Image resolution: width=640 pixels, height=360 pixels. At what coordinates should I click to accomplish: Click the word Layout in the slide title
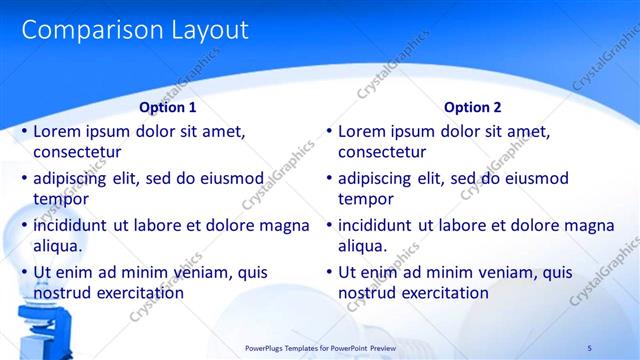click(x=206, y=30)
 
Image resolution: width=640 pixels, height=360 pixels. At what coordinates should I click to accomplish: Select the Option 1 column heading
click(x=168, y=107)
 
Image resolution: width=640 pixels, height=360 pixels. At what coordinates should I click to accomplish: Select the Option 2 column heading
click(x=473, y=107)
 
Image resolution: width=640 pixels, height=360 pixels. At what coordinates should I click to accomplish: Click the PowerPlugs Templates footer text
click(x=320, y=347)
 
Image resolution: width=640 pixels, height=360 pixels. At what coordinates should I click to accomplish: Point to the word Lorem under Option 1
click(x=57, y=131)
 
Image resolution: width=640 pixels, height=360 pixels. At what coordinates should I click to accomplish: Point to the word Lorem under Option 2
click(x=362, y=131)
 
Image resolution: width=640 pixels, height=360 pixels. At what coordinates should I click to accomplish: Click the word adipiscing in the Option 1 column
click(x=75, y=179)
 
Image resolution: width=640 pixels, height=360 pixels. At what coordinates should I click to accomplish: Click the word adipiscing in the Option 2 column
click(x=380, y=179)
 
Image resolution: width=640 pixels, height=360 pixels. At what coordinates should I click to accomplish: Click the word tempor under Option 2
click(x=366, y=199)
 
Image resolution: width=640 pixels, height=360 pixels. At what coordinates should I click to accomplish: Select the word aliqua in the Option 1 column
click(x=57, y=246)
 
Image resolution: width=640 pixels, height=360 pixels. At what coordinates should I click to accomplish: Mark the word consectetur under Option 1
click(x=77, y=153)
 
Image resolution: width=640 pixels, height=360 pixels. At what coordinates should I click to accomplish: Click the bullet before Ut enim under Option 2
click(x=329, y=272)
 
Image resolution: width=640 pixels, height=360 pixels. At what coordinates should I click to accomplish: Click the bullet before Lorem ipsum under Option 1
click(x=24, y=132)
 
